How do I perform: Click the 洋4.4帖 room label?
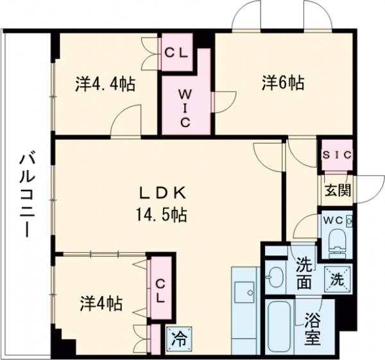click(x=105, y=84)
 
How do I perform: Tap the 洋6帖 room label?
click(x=282, y=83)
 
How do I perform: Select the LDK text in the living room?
click(x=163, y=193)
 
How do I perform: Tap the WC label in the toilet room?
click(x=334, y=220)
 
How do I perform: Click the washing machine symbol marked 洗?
click(x=336, y=278)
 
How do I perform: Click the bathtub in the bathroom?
click(x=278, y=327)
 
